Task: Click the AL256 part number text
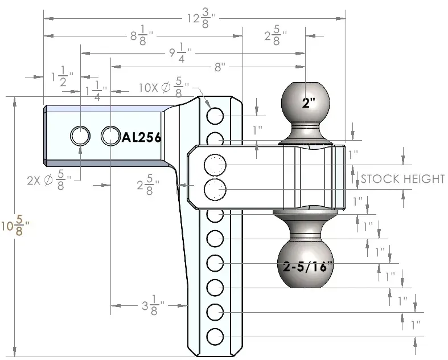pyautogui.click(x=142, y=137)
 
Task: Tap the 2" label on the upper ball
pyautogui.click(x=309, y=103)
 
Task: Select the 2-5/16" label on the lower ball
pyautogui.click(x=308, y=266)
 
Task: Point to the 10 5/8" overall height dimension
pyautogui.click(x=15, y=227)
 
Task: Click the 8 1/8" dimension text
pyautogui.click(x=140, y=37)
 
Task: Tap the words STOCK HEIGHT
pyautogui.click(x=402, y=179)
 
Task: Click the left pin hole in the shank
pyautogui.click(x=80, y=136)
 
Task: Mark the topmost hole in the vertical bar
pyautogui.click(x=215, y=116)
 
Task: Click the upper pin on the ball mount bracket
pyautogui.click(x=215, y=164)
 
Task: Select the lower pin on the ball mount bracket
pyautogui.click(x=215, y=189)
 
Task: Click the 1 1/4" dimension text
pyautogui.click(x=96, y=90)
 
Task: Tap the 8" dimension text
pyautogui.click(x=219, y=67)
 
